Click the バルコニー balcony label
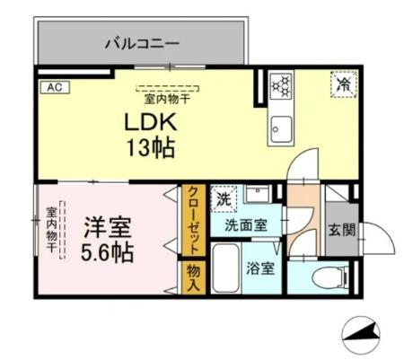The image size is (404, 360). click(x=142, y=41)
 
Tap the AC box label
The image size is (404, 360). click(x=53, y=88)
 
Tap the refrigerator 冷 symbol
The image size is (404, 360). click(x=344, y=85)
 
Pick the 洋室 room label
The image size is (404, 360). click(x=104, y=224)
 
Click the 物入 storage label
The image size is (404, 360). click(x=192, y=277)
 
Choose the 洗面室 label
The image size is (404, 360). click(x=245, y=226)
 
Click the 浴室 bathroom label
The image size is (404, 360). click(x=260, y=268)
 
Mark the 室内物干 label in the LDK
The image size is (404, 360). click(x=168, y=98)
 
